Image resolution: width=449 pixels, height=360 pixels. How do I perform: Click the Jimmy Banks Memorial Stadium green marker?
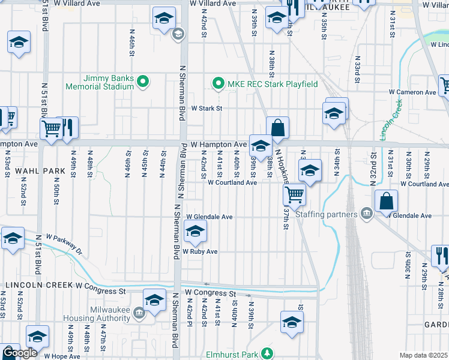(x=143, y=82)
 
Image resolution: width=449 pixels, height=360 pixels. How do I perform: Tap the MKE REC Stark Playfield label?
(x=271, y=84)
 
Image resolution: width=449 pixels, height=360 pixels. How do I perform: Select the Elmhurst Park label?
(x=231, y=355)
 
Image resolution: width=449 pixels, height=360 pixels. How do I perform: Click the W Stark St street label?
(x=206, y=109)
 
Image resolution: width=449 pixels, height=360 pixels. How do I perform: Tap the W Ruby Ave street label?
(x=200, y=251)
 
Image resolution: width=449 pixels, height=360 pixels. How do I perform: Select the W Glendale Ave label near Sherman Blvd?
(x=209, y=217)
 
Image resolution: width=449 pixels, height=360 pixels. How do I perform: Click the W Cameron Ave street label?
(x=412, y=92)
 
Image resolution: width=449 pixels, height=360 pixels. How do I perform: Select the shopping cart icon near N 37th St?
(x=294, y=194)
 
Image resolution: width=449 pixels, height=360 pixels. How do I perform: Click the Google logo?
(x=19, y=353)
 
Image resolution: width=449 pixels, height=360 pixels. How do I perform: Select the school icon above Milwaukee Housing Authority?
(x=154, y=299)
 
